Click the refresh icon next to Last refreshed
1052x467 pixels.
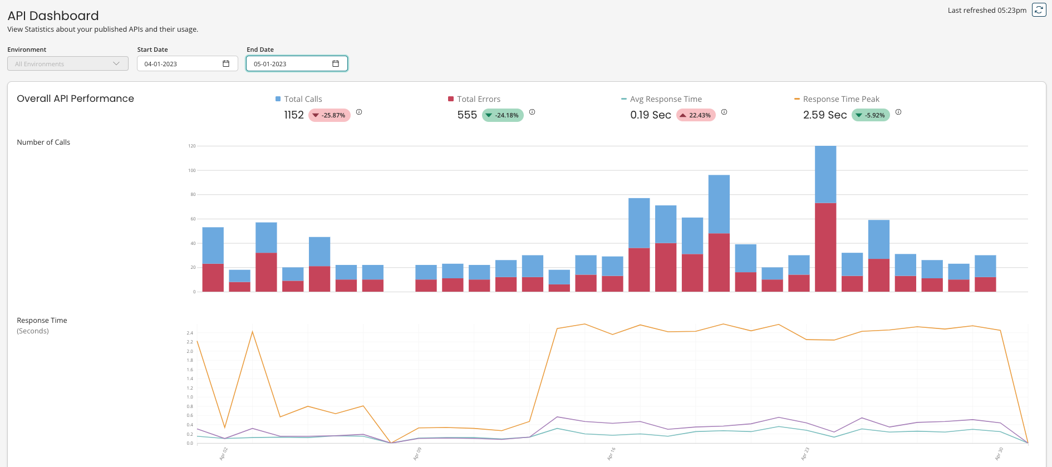[x=1039, y=10]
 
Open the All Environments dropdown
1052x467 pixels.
[x=67, y=64]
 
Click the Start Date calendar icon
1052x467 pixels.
[x=226, y=63]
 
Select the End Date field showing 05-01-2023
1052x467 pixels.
[x=289, y=64]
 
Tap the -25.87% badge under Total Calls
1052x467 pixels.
[x=329, y=115]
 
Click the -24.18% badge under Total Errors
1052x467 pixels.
[x=503, y=115]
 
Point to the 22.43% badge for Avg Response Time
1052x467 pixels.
[x=696, y=115]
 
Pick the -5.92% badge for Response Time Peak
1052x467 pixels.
[x=871, y=115]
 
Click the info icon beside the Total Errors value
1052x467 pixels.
[x=532, y=112]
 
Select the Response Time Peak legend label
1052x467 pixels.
[x=840, y=99]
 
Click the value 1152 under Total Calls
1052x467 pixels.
[x=294, y=115]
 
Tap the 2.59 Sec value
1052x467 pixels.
[x=824, y=115]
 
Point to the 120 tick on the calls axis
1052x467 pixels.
[x=192, y=146]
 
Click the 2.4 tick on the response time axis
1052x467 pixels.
[x=190, y=333]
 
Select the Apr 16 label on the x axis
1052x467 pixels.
[x=611, y=454]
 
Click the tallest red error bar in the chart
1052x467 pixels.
[x=825, y=247]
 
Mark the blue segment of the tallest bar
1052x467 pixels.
[x=825, y=174]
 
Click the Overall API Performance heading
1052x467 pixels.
[x=75, y=99]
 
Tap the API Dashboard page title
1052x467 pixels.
[x=53, y=16]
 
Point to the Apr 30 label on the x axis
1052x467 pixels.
[x=999, y=454]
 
